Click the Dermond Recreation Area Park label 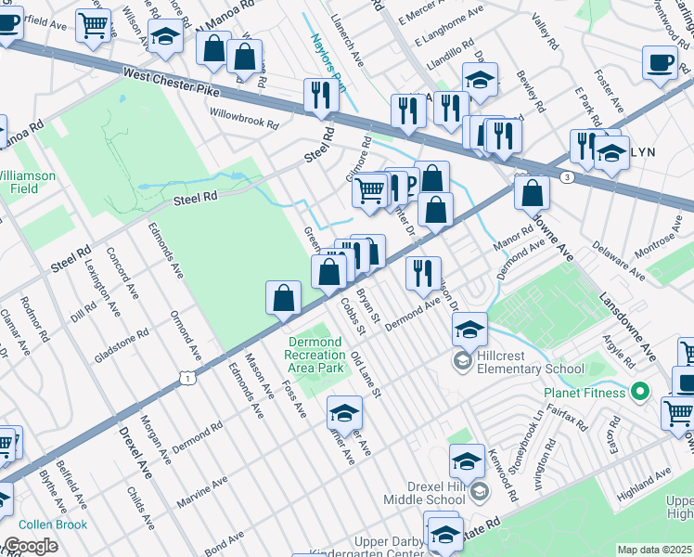(315, 354)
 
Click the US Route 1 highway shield (188, 377)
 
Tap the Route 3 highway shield (566, 176)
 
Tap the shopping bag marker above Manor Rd (533, 193)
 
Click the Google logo (31, 546)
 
